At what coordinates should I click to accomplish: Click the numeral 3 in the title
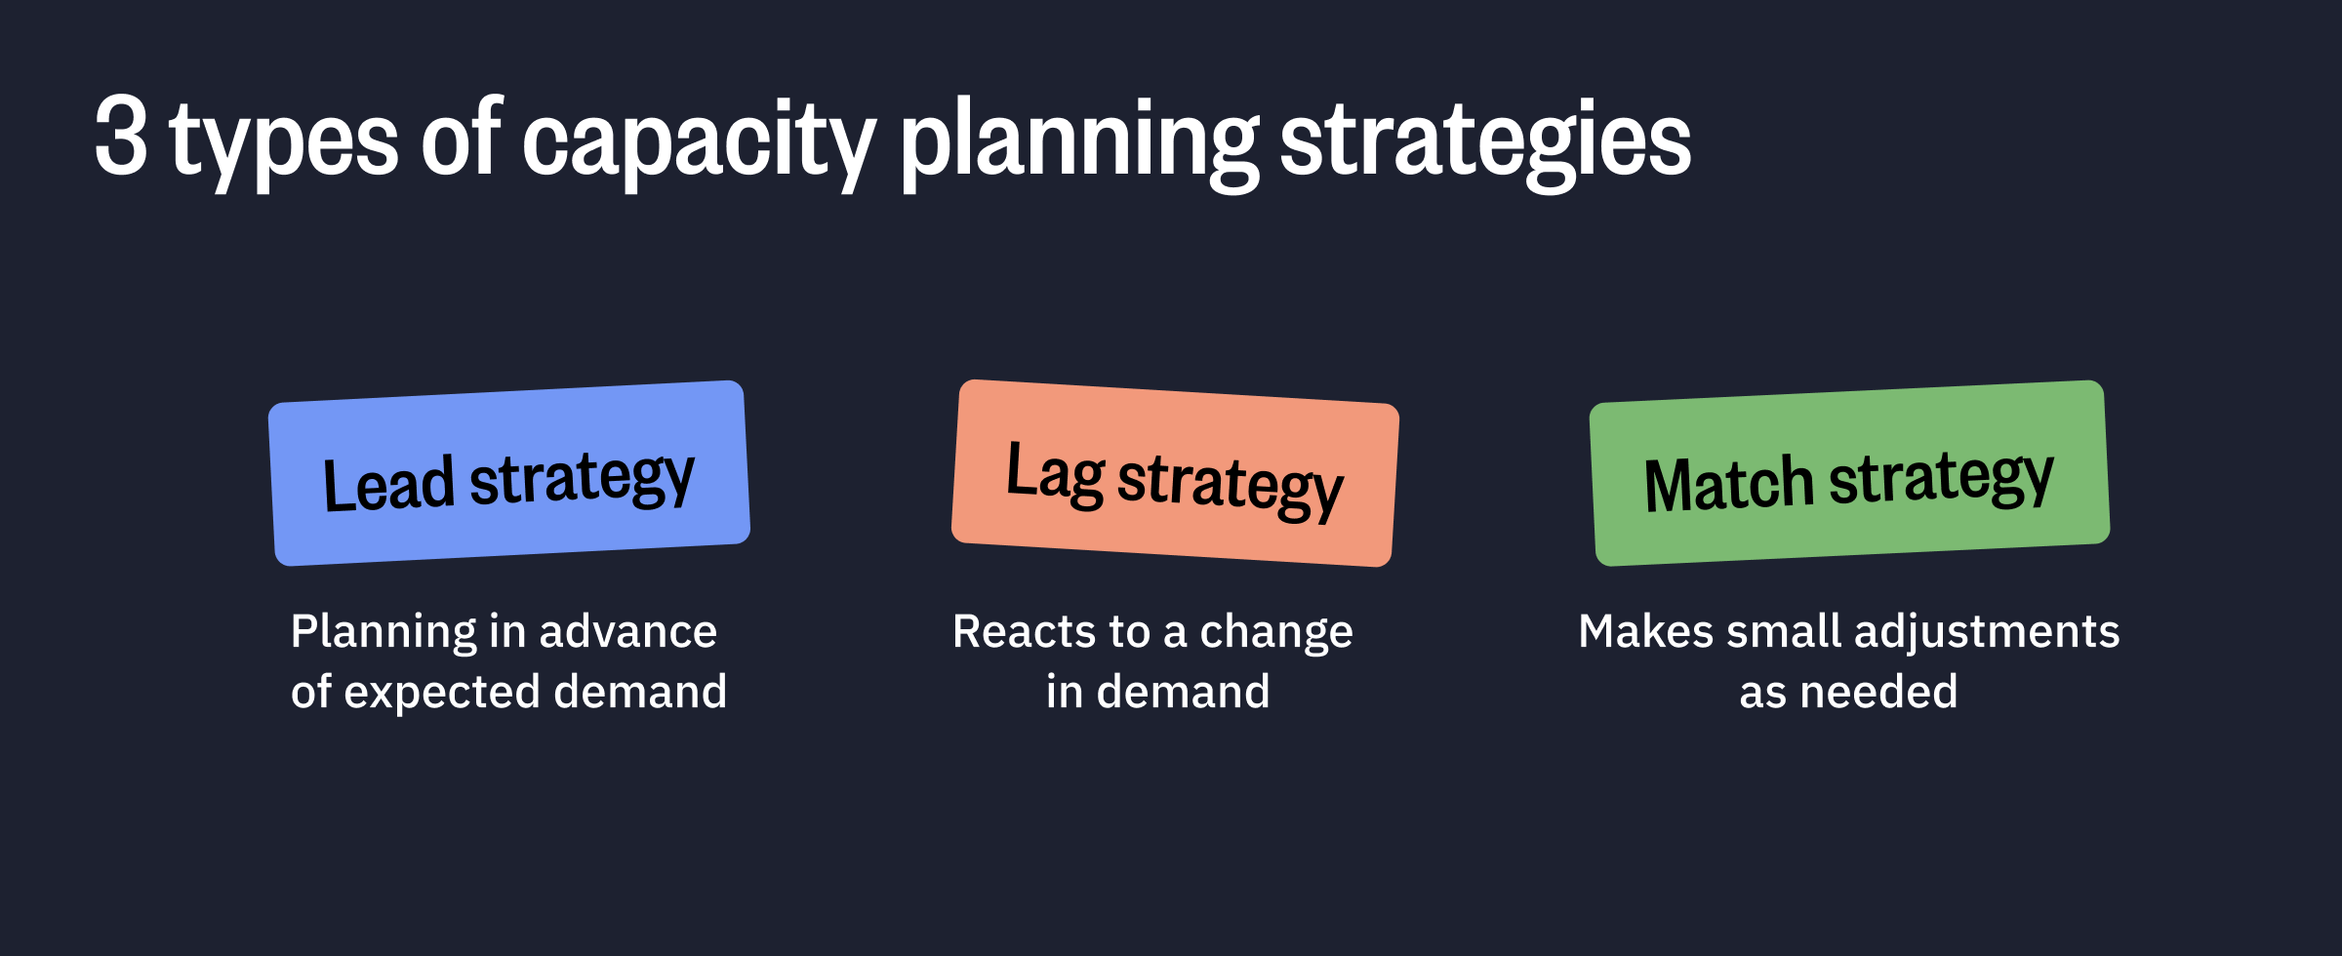[x=121, y=138]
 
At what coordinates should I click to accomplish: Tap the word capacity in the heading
[x=699, y=142]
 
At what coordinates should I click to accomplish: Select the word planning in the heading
[x=1079, y=142]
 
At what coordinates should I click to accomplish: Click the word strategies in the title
[x=1485, y=142]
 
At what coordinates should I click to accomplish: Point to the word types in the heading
[x=284, y=142]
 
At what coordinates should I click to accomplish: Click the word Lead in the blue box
[x=388, y=485]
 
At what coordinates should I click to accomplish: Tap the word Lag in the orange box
[x=1055, y=473]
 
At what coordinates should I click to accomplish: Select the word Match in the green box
[x=1728, y=485]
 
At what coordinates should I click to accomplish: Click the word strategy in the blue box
[x=582, y=478]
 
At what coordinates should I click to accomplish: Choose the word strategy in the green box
[x=1941, y=478]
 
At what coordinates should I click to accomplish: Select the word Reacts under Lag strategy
[x=1018, y=632]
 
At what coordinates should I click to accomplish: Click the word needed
[x=1878, y=693]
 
